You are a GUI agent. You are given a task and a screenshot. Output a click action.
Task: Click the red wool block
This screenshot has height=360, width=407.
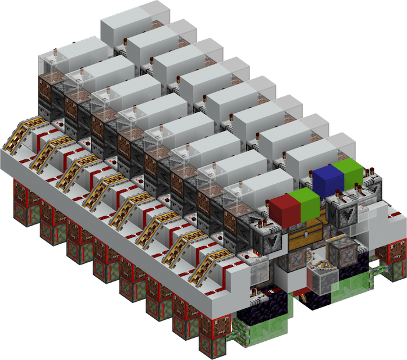tap(283, 209)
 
